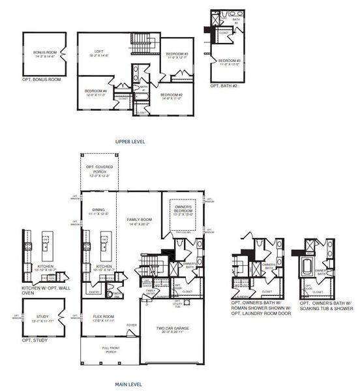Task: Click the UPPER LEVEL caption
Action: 130,141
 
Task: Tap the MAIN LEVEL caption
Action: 130,384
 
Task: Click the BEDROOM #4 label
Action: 95,91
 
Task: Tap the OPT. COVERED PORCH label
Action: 100,171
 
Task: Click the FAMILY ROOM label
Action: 139,222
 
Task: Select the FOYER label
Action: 132,325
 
